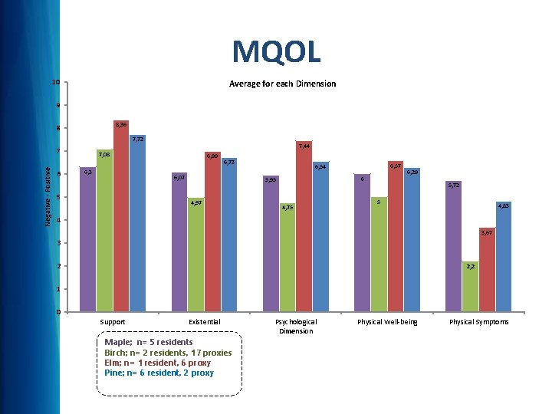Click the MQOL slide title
(x=276, y=52)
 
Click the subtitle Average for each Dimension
(x=282, y=84)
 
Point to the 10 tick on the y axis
(x=55, y=82)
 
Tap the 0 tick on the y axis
(x=58, y=312)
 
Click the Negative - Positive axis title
(x=47, y=197)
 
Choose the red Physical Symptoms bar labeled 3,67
(x=487, y=270)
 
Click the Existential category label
(x=204, y=322)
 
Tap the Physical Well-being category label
(x=388, y=322)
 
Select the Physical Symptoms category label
(x=479, y=322)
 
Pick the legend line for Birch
(x=168, y=352)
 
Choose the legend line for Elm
(x=157, y=362)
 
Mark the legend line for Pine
(x=159, y=373)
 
